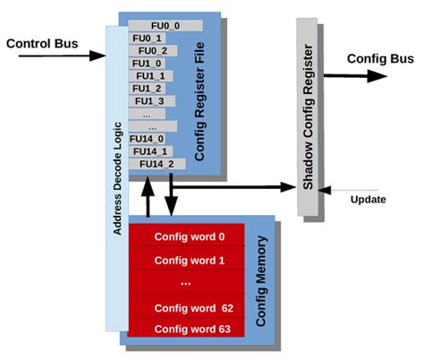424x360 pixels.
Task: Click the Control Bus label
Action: (x=42, y=43)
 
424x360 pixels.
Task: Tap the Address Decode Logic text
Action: (x=117, y=179)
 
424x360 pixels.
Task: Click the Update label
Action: (x=369, y=200)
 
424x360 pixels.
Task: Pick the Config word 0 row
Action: (x=190, y=237)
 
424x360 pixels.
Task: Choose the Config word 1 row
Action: (x=190, y=261)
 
